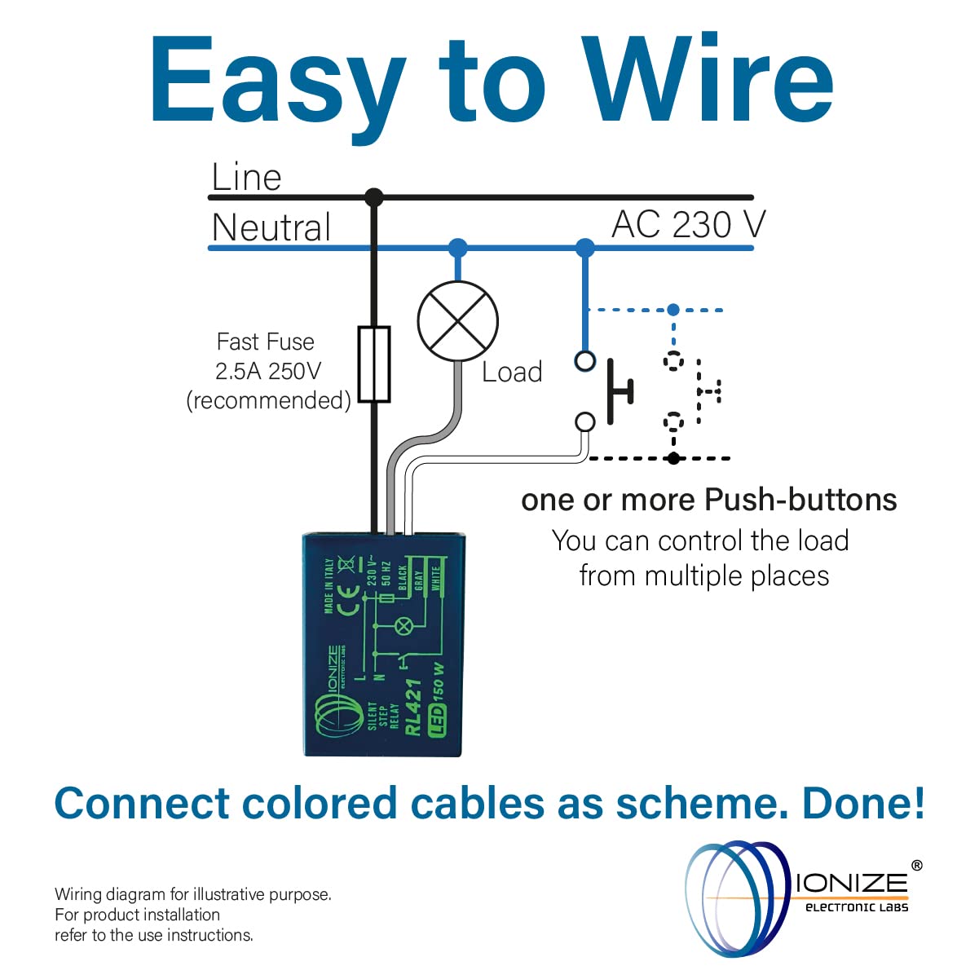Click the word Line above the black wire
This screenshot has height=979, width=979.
246,177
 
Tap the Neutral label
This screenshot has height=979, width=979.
271,227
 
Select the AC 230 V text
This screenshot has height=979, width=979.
689,224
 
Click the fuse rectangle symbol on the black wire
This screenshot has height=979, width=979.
374,364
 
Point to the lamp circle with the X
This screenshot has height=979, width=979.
457,321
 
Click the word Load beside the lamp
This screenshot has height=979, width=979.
512,372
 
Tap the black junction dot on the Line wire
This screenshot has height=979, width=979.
374,197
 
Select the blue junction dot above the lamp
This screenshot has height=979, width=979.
458,247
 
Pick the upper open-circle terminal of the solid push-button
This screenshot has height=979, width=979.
585,360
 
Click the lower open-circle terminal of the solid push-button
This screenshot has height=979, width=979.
585,421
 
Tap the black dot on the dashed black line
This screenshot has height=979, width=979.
673,458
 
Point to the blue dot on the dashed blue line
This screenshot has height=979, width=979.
673,310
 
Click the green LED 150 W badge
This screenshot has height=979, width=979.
438,699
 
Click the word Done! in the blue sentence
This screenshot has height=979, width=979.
864,803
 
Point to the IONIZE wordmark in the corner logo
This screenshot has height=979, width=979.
852,882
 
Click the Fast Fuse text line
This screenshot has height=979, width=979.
265,342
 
